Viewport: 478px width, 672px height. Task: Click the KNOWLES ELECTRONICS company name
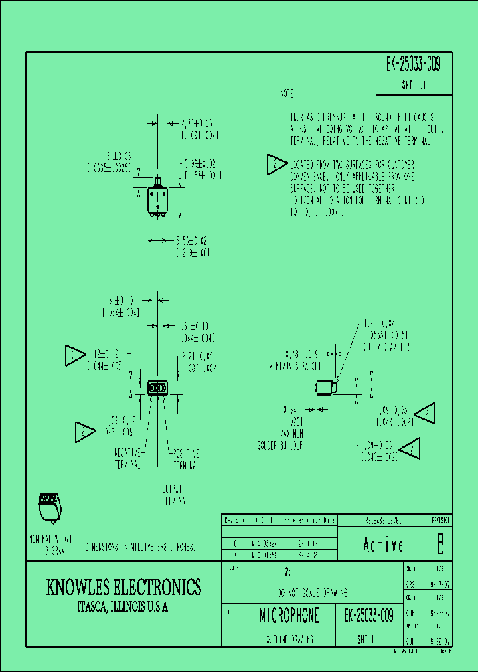[123, 587]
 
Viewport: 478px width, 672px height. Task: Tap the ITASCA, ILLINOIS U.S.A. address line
[123, 607]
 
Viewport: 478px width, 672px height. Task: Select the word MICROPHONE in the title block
[289, 616]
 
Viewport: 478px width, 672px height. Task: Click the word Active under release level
[383, 545]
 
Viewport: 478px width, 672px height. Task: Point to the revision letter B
[440, 545]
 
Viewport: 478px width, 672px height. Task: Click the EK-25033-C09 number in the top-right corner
[413, 64]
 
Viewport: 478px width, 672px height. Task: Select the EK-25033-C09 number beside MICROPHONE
[370, 616]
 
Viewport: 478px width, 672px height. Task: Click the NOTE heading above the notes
[287, 94]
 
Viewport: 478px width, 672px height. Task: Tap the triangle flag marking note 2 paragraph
[276, 165]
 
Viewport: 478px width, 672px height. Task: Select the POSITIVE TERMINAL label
[185, 458]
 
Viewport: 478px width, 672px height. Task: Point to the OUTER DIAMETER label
[386, 347]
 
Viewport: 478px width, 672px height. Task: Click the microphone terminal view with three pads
[157, 388]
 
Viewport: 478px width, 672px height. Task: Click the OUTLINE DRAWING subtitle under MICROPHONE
[289, 640]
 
